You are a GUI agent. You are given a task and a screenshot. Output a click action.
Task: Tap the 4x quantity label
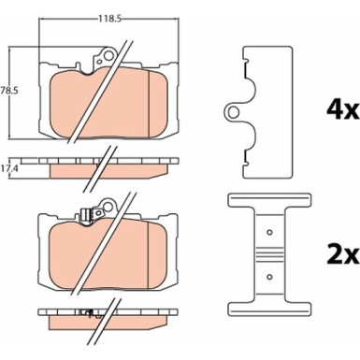click(x=342, y=109)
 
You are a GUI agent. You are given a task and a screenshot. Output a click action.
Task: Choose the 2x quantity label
click(x=342, y=255)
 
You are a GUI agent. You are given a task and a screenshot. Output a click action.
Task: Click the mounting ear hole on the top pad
click(x=109, y=56)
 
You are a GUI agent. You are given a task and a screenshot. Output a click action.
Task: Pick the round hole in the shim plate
click(x=233, y=111)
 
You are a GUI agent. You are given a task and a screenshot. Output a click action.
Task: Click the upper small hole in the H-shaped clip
click(x=269, y=232)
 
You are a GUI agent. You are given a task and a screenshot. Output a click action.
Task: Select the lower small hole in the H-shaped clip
click(x=269, y=276)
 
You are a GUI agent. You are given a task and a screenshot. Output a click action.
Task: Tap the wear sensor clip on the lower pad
click(x=85, y=215)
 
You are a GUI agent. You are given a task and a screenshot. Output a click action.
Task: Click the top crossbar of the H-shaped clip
click(x=269, y=200)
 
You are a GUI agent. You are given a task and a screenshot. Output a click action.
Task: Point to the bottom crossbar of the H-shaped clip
click(x=269, y=308)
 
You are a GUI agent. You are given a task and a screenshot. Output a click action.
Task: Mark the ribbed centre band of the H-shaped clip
click(x=269, y=254)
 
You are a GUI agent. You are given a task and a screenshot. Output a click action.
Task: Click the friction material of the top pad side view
click(x=108, y=171)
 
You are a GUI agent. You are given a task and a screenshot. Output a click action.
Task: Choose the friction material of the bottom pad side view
click(x=107, y=323)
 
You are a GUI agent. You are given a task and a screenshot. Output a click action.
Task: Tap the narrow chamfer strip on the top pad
click(x=157, y=104)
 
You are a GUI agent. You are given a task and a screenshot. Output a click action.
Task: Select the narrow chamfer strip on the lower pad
click(x=156, y=256)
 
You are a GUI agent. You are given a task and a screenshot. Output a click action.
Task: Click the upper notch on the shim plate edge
click(x=245, y=59)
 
